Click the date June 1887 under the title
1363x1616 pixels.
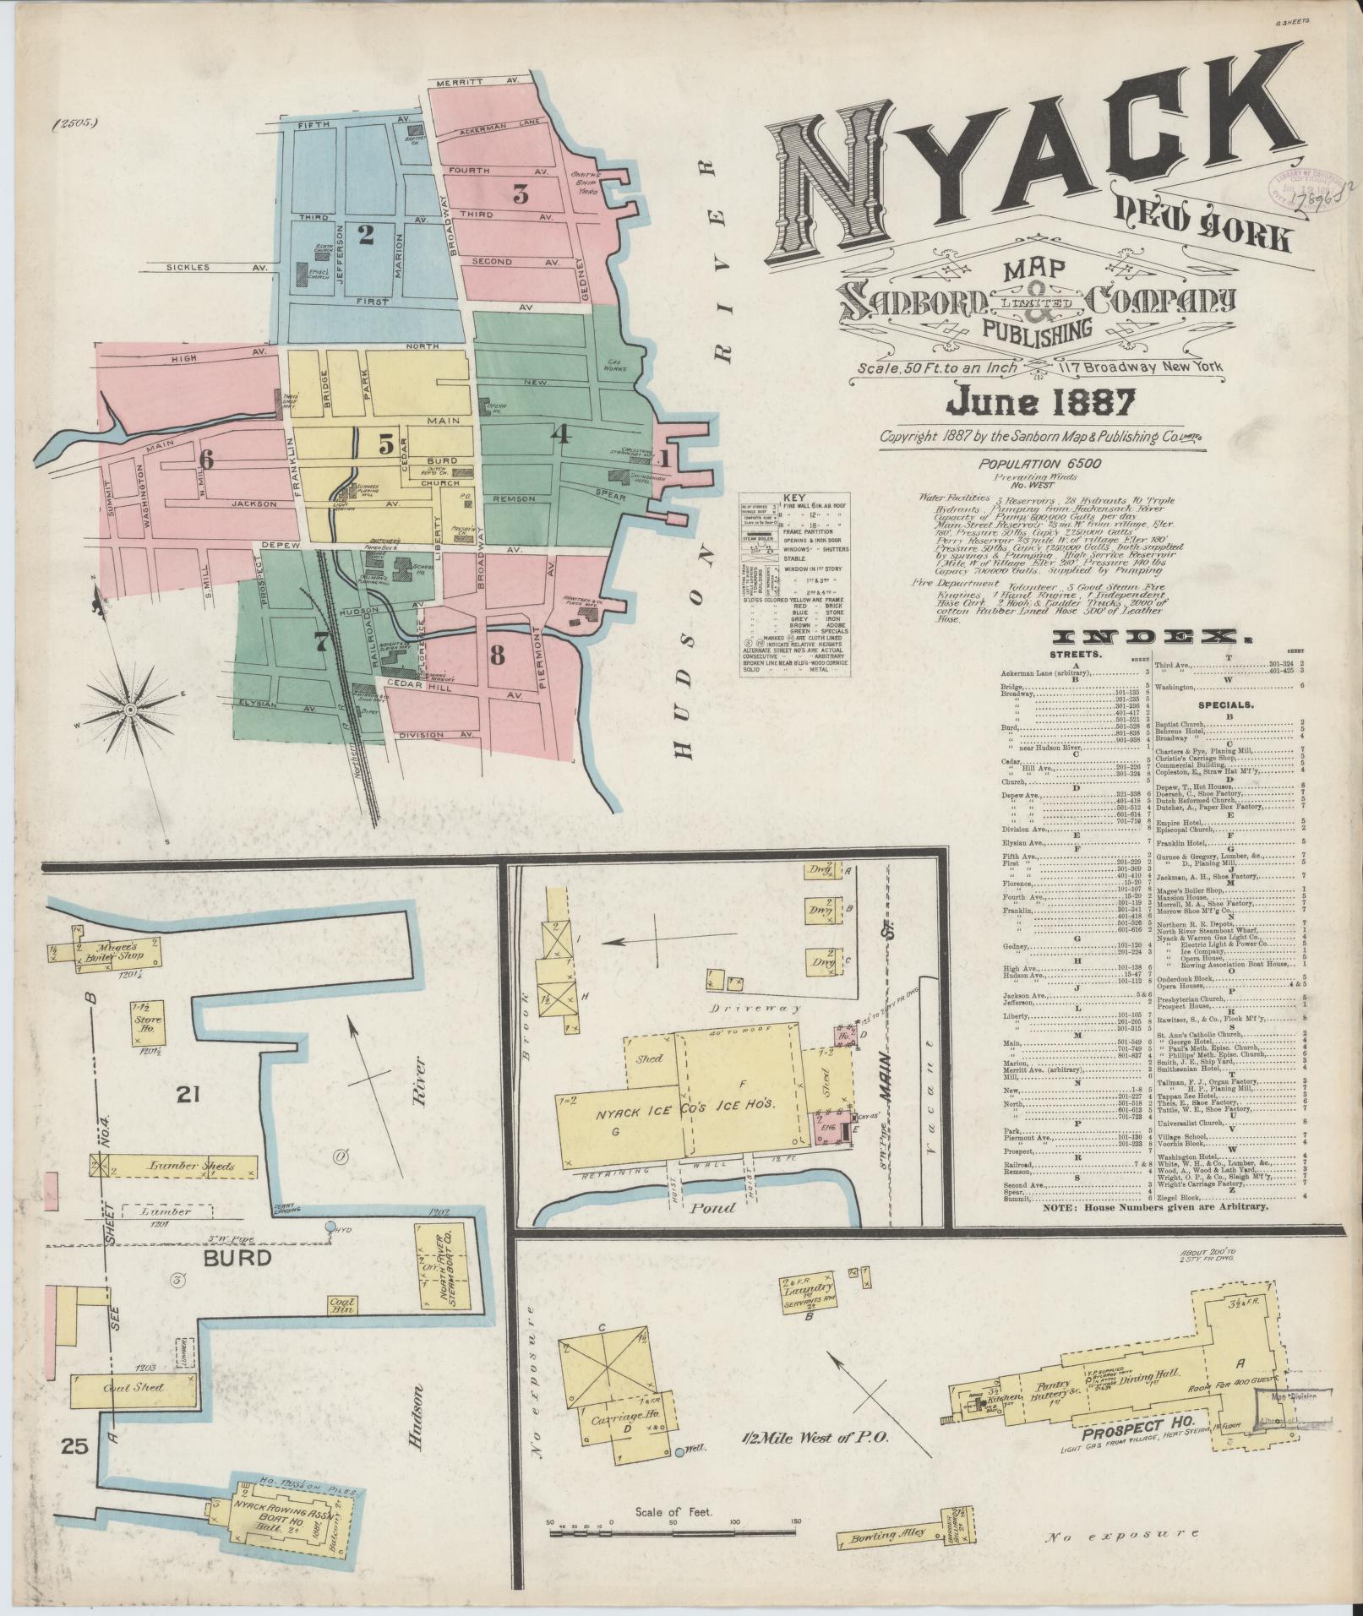click(x=1041, y=402)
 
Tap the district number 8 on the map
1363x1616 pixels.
click(x=497, y=653)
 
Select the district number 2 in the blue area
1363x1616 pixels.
click(x=365, y=235)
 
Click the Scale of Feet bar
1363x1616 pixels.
click(x=673, y=1548)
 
